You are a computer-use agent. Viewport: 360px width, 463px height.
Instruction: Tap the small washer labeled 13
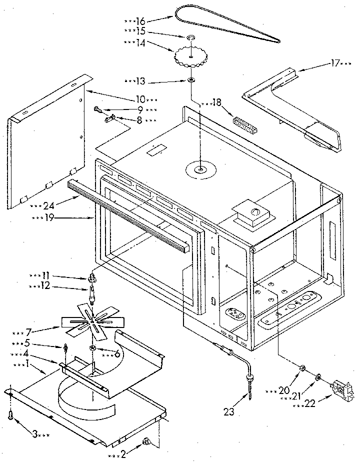pos(191,80)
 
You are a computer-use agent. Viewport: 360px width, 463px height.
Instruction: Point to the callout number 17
pos(335,63)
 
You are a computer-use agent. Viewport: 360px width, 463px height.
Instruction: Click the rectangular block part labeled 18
pos(244,123)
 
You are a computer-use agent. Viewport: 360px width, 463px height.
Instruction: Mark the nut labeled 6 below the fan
pos(93,348)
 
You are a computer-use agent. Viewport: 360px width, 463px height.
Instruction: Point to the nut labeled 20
pos(302,368)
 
